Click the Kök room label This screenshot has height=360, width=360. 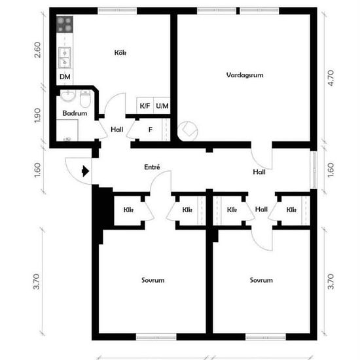120,53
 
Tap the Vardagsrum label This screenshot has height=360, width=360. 245,75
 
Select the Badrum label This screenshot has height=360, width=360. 75,113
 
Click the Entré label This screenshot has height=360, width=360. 152,167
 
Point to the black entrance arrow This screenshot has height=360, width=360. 85,171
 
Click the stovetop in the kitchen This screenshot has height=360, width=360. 65,24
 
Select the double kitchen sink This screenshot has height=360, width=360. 65,58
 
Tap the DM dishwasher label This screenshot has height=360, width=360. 65,77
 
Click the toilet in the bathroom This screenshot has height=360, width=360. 85,99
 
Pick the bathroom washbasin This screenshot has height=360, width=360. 68,96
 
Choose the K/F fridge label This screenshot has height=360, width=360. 145,106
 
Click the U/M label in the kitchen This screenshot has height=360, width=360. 162,106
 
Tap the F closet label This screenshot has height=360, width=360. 151,130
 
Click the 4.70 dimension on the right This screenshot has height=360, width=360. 331,78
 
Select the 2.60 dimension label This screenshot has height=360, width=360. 37,50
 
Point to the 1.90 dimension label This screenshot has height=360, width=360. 37,115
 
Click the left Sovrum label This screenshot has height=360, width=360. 153,280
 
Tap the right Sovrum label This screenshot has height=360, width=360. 261,280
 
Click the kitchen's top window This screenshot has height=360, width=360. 117,10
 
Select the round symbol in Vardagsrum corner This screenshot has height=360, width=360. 188,131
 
